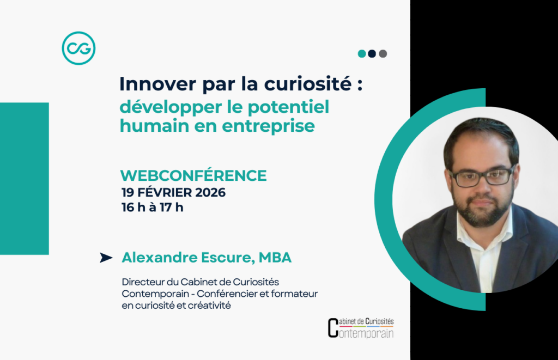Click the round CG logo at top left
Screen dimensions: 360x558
[78, 48]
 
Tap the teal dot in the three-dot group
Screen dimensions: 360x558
[362, 54]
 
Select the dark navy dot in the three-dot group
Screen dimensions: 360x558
[372, 54]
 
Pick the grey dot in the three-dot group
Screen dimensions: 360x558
[383, 54]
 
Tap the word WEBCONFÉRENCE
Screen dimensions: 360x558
[193, 175]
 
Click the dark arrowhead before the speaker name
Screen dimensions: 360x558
[106, 258]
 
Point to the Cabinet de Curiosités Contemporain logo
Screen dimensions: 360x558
[360, 328]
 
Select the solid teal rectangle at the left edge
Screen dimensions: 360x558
[24, 178]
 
